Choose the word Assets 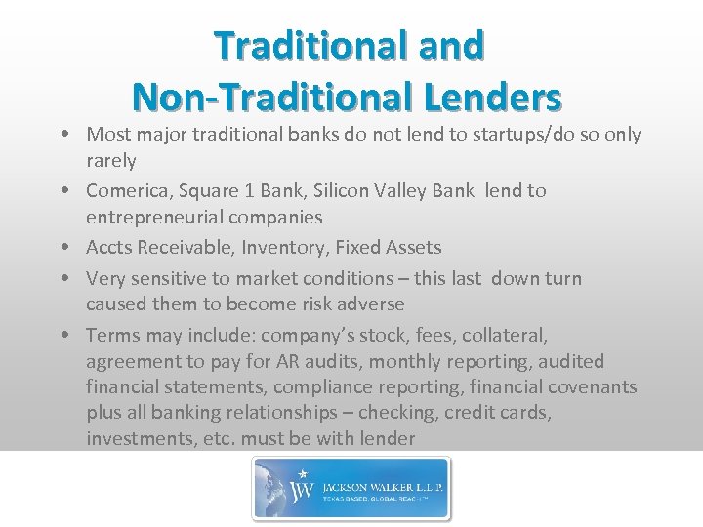pos(411,248)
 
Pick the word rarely pos(111,159)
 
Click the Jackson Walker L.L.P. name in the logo pos(377,481)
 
